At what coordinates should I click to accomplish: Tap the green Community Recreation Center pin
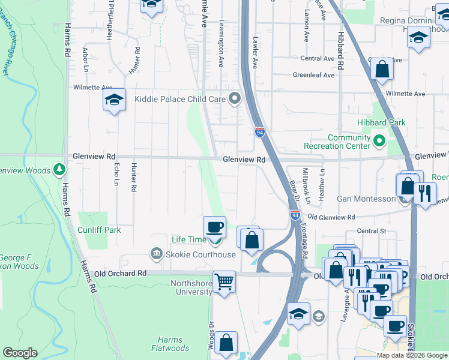point(379,142)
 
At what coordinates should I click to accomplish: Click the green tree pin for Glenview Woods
point(59,170)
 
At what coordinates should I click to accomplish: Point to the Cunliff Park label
point(99,230)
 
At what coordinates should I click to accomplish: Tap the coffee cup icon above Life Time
point(214,227)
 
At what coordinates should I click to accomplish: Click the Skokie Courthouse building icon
point(157,254)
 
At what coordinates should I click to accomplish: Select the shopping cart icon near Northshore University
point(224,281)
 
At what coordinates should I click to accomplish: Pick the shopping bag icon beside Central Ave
point(382,70)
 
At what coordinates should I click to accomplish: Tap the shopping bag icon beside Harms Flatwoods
point(226,343)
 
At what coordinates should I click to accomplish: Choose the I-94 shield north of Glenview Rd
point(259,132)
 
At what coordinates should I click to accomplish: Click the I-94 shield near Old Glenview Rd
point(295,215)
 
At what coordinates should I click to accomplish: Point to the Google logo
point(20,353)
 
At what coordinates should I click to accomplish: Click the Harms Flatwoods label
point(170,344)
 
